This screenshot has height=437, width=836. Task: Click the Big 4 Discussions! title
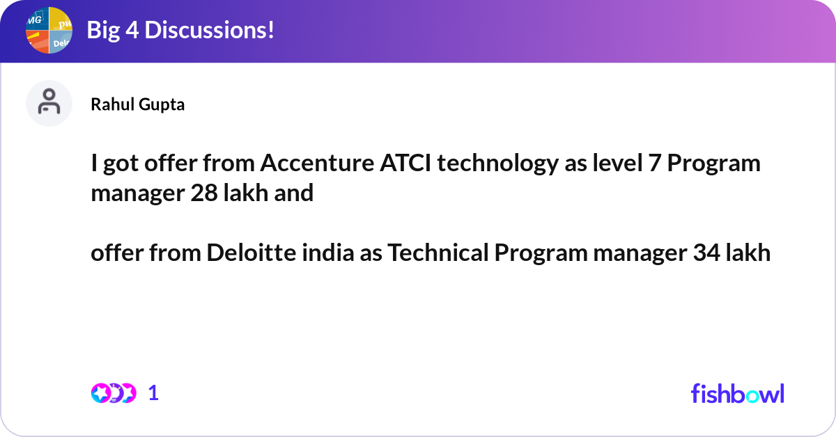point(180,30)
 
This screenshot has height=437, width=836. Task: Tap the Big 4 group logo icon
point(49,30)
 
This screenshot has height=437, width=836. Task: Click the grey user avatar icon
point(49,103)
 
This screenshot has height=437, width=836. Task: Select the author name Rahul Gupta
point(138,104)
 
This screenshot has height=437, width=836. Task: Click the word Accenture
point(317,163)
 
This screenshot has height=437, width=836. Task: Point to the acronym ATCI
point(405,163)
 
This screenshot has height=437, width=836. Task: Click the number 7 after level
point(655,164)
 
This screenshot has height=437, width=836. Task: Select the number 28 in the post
point(204,193)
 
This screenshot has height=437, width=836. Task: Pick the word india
point(328,253)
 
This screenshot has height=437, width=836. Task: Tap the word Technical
point(438,253)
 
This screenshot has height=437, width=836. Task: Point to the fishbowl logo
point(738,393)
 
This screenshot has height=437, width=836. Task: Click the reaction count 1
point(153,393)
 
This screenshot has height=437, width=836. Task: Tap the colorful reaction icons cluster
point(114,393)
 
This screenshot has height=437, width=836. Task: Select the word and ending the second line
point(294,193)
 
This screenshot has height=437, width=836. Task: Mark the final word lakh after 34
point(748,253)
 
